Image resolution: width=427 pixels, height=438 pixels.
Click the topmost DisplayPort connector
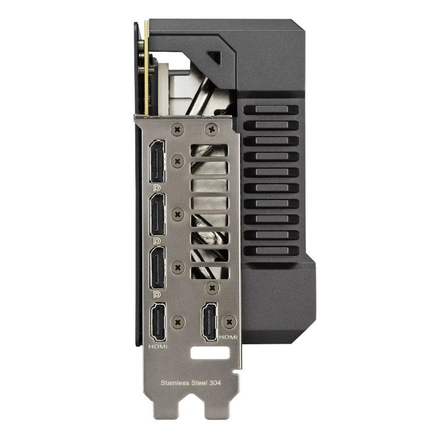click(157, 162)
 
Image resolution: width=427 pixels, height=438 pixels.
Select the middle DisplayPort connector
click(157, 215)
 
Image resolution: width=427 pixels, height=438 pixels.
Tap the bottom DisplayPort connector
click(157, 268)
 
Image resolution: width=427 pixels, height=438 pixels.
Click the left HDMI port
click(158, 323)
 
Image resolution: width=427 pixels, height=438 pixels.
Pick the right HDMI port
click(210, 322)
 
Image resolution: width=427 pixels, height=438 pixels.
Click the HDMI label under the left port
click(158, 347)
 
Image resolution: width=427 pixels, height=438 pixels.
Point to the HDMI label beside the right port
click(228, 337)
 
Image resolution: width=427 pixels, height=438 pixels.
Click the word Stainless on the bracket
click(175, 383)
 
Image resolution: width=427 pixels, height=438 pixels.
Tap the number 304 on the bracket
click(215, 383)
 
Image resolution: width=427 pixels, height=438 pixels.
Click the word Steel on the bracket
click(199, 383)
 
